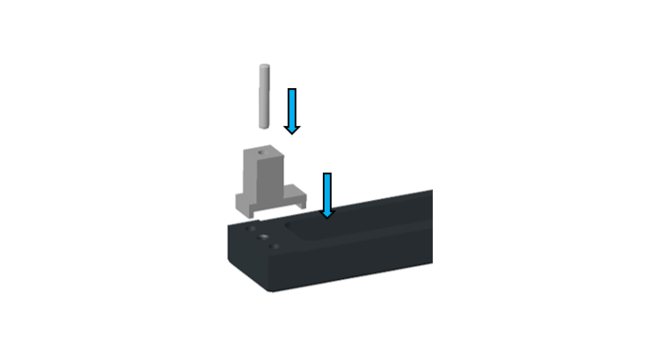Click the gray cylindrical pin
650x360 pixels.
point(261,94)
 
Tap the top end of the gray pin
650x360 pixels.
point(261,68)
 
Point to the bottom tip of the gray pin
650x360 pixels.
point(261,121)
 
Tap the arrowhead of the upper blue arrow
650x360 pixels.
point(292,129)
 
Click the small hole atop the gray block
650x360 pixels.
point(263,151)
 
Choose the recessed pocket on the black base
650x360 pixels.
point(352,229)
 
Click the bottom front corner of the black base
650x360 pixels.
point(271,290)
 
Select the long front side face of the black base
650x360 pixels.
point(361,264)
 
